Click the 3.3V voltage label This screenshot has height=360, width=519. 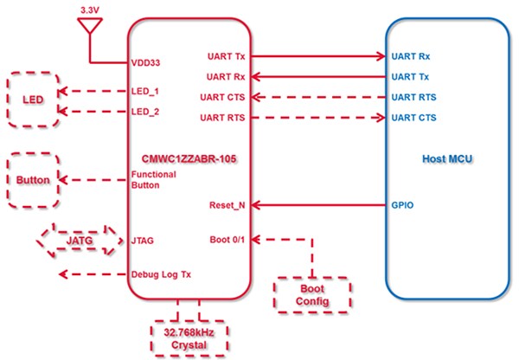(89, 10)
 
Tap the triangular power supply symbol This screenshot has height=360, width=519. (89, 29)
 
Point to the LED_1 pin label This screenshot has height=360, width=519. (146, 91)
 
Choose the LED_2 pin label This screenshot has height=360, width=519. (146, 112)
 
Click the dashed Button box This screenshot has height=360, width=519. (32, 180)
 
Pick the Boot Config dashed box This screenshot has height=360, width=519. (312, 292)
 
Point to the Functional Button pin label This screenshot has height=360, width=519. (154, 180)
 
